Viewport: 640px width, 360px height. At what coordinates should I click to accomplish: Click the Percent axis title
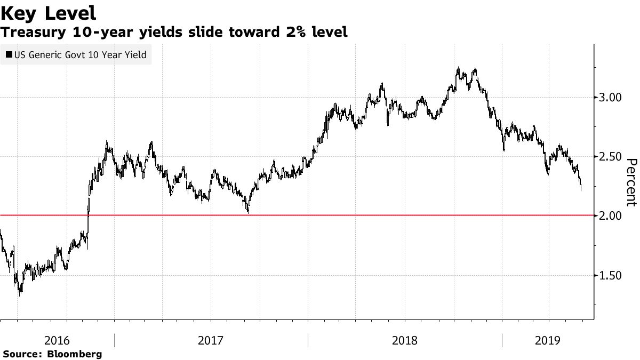pyautogui.click(x=631, y=182)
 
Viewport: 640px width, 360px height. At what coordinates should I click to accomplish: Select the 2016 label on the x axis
pyautogui.click(x=57, y=340)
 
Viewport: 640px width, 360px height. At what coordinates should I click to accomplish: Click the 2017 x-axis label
pyautogui.click(x=211, y=340)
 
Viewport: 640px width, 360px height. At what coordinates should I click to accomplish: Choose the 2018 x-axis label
pyautogui.click(x=404, y=340)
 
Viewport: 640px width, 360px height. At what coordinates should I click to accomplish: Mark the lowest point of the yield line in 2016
pyautogui.click(x=20, y=294)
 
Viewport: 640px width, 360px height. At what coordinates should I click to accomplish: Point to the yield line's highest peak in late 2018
pyautogui.click(x=458, y=68)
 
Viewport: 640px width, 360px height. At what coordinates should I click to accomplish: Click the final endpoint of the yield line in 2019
pyautogui.click(x=581, y=189)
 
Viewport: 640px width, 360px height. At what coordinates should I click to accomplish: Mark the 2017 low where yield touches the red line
pyautogui.click(x=248, y=212)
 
